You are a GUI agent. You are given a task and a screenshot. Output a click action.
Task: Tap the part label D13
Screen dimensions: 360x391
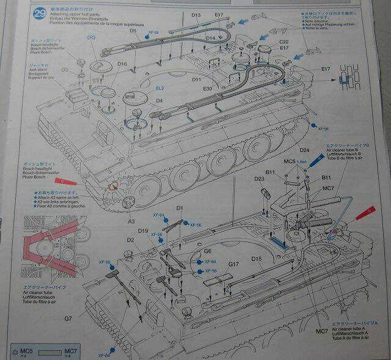pos(196,15)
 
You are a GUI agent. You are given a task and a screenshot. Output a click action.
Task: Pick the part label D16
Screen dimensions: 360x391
pos(122,64)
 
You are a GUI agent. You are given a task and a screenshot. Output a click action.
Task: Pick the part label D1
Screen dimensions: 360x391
pos(180,208)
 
